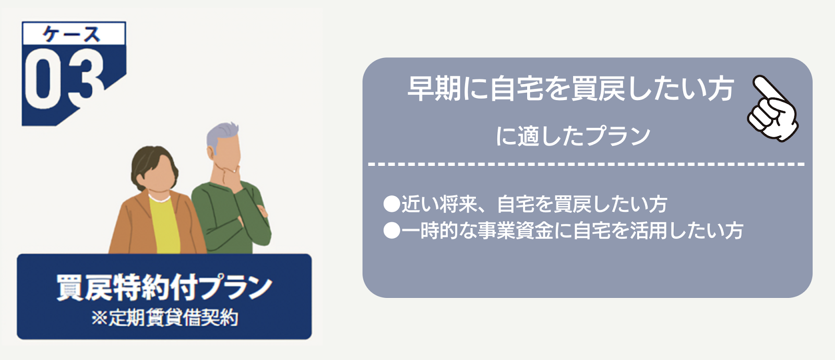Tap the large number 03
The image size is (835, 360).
[x=64, y=78]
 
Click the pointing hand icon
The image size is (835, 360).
[x=773, y=108]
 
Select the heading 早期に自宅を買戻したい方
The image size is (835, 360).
[x=570, y=89]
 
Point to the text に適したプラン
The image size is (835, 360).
[x=573, y=136]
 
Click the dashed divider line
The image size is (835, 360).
[x=587, y=164]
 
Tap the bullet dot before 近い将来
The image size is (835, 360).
[x=391, y=204]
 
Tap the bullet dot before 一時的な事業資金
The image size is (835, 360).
[x=391, y=231]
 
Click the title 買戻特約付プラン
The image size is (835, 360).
[x=164, y=287]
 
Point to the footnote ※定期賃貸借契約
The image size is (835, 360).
[x=164, y=318]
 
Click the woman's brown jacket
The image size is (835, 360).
[x=130, y=227]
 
